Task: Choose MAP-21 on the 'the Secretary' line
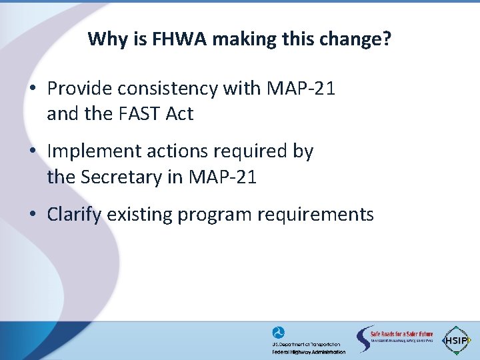[223, 177]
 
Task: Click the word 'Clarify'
[74, 215]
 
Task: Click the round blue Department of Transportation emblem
[278, 333]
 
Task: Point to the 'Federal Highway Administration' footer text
[309, 351]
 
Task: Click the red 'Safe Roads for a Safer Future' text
[402, 334]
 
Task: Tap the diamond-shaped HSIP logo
[457, 339]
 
